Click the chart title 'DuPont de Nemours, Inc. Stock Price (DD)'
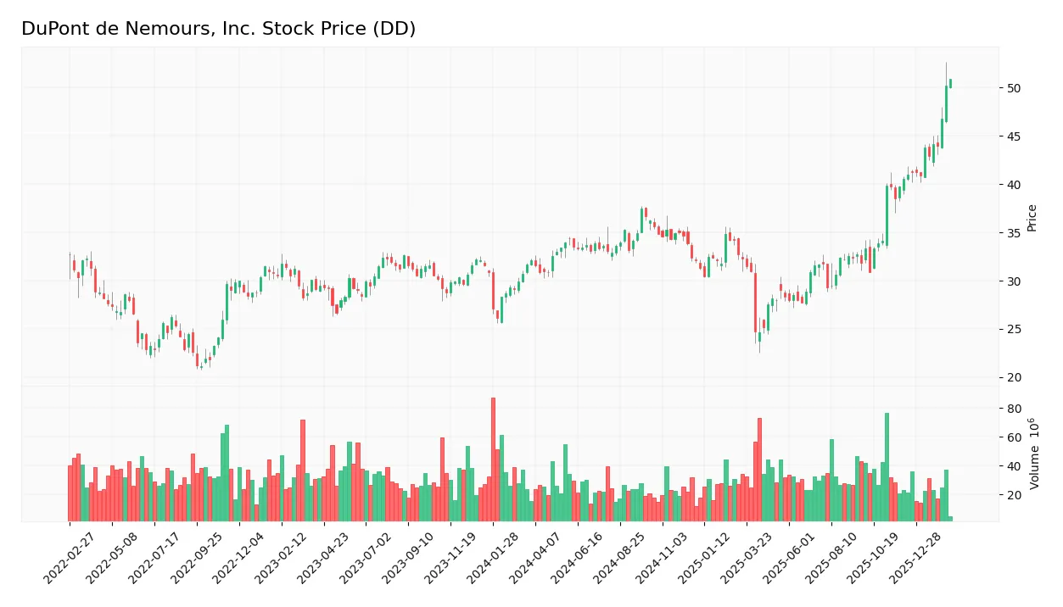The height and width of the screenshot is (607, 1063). coord(218,29)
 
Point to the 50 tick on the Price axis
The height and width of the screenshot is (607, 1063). coord(1014,88)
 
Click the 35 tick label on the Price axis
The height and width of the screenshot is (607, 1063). coord(1014,233)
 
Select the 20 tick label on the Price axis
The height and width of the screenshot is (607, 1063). coord(1014,377)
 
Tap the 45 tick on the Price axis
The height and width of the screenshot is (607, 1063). coord(1014,136)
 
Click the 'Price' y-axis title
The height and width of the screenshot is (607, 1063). coord(1032,218)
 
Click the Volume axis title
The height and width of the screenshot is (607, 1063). coord(1034,454)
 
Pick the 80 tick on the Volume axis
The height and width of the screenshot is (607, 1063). coord(1014,409)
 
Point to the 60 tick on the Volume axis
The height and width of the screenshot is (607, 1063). coord(1014,437)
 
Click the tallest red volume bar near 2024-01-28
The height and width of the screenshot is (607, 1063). coord(493,459)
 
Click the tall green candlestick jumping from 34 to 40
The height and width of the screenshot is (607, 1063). coord(887,215)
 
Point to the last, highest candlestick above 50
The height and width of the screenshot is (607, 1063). coord(950,83)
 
